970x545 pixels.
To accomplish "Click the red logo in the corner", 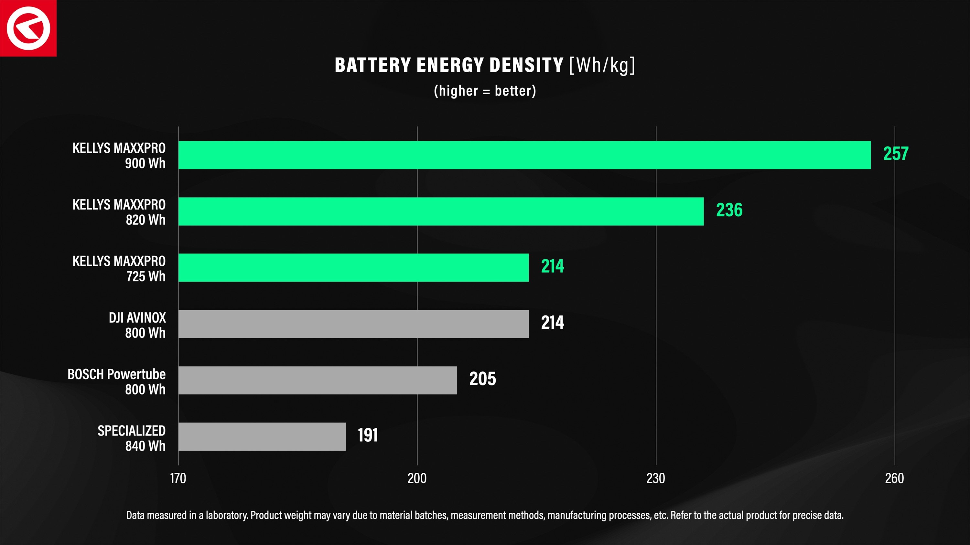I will (x=28, y=28).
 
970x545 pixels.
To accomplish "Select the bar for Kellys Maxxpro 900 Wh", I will (x=524, y=155).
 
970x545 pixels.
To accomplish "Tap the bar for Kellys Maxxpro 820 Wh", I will (x=441, y=211).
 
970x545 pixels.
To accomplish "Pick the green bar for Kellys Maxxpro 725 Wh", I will (x=353, y=267).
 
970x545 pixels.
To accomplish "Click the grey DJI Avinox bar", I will (x=353, y=324).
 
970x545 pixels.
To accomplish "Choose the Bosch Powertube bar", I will (x=318, y=380).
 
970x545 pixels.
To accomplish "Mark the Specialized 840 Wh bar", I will (x=262, y=436).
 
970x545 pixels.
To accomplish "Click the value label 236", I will (x=729, y=210).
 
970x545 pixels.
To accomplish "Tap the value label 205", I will (x=482, y=379).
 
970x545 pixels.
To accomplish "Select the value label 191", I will (x=368, y=435).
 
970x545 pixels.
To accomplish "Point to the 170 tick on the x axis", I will (x=178, y=478).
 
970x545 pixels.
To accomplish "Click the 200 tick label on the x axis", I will (x=417, y=478).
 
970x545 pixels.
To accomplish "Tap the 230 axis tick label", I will (x=656, y=478).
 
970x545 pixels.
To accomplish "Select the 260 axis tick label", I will (x=894, y=478).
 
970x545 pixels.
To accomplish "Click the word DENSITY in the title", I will (x=527, y=65).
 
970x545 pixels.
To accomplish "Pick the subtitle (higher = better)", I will (x=485, y=91).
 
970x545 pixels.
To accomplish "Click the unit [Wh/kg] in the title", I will (x=602, y=65).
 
